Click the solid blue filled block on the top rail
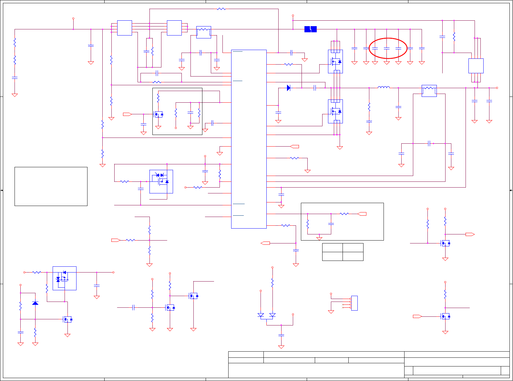click(310, 29)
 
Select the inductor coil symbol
click(384, 87)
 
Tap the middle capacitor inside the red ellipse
click(386, 48)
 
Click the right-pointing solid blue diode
click(289, 88)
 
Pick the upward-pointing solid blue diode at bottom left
click(35, 303)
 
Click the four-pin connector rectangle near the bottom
click(354, 303)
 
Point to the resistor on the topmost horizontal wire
click(221, 9)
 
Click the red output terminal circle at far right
click(497, 88)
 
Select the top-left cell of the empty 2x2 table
click(332, 248)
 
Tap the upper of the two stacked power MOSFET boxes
click(335, 61)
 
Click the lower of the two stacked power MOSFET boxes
click(335, 111)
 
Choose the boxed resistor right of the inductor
click(429, 91)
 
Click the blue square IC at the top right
click(476, 66)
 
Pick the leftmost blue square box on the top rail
click(125, 28)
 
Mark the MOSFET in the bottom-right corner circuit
click(445, 316)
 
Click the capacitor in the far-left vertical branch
click(15, 78)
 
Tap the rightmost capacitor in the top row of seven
click(422, 48)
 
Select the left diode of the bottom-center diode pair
click(261, 315)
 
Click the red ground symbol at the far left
click(15, 95)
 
